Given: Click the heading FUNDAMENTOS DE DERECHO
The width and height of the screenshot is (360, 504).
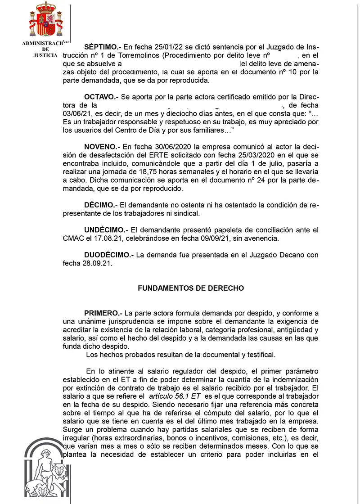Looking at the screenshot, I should (191, 288).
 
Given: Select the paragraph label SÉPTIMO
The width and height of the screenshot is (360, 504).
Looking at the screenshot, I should (101, 46).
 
